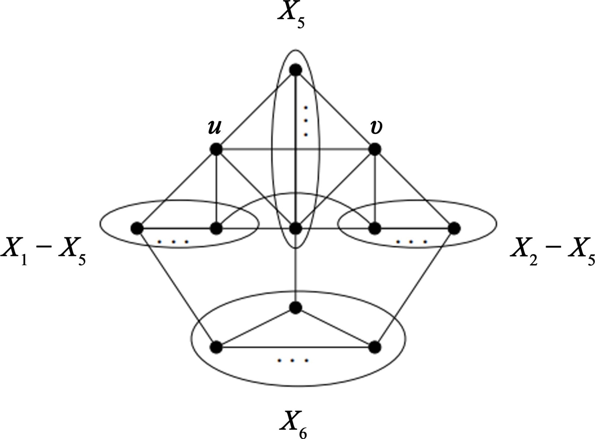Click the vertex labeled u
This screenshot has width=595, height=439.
click(216, 150)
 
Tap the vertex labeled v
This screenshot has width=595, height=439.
click(374, 150)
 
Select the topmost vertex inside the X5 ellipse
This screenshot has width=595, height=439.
click(295, 70)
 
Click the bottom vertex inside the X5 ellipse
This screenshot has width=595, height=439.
click(295, 228)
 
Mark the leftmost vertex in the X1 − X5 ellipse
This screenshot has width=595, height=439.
click(137, 228)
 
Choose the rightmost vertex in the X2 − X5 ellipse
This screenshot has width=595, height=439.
click(454, 228)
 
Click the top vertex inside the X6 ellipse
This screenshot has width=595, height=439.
click(295, 308)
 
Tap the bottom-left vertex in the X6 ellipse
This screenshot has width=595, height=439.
click(216, 347)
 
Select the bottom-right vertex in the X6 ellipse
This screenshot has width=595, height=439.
click(374, 347)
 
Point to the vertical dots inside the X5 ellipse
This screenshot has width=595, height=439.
click(306, 121)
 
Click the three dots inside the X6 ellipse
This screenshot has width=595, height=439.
click(293, 361)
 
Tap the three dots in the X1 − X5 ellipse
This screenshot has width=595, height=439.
click(173, 242)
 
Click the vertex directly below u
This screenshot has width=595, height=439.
click(216, 228)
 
